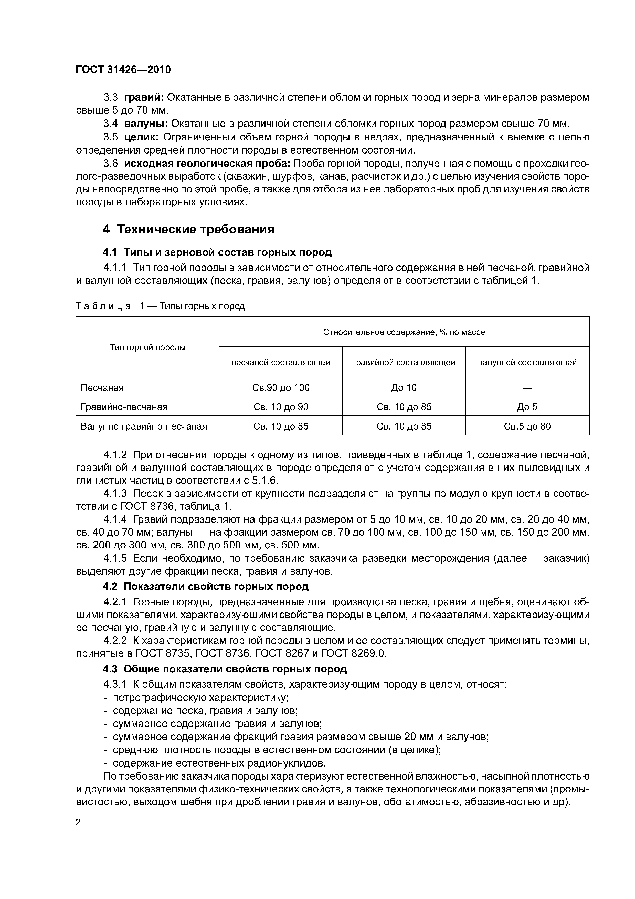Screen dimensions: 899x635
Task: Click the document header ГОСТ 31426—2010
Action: [123, 70]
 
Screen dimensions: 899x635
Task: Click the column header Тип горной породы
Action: [147, 347]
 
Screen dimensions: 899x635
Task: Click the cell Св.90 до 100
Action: [281, 388]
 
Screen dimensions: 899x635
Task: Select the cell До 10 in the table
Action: [404, 388]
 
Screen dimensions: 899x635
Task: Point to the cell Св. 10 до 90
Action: [281, 407]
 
